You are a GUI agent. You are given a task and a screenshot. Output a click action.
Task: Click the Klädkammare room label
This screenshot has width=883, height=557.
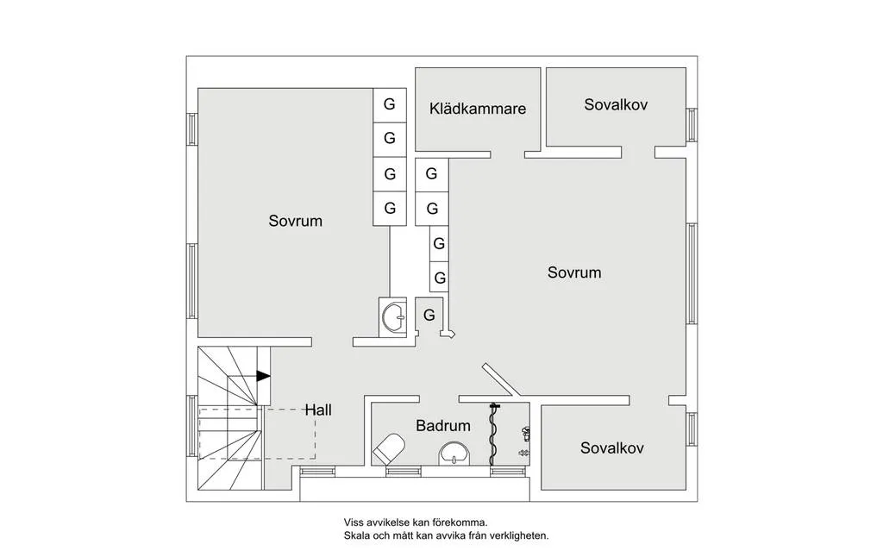(x=478, y=109)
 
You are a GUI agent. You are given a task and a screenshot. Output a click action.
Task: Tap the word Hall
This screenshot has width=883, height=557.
(x=318, y=410)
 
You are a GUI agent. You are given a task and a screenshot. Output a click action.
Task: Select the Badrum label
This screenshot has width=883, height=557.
(x=443, y=425)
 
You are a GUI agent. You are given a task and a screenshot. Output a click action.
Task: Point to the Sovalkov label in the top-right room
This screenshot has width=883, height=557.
(x=616, y=104)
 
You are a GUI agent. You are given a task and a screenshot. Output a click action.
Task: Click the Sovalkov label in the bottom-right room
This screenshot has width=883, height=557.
(x=612, y=447)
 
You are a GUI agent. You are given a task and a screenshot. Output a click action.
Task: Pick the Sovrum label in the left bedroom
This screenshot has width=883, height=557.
(x=295, y=221)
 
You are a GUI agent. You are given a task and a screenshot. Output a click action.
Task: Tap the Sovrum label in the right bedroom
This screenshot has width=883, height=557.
(x=574, y=272)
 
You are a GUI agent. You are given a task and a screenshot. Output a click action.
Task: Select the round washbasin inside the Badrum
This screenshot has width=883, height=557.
(x=454, y=453)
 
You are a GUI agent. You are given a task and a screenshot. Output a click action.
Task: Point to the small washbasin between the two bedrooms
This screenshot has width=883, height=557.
(x=394, y=316)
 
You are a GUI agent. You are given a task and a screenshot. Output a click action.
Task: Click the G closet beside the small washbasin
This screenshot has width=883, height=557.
(x=429, y=315)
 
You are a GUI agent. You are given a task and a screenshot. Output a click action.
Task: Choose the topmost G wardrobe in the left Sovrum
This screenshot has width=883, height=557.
(x=390, y=105)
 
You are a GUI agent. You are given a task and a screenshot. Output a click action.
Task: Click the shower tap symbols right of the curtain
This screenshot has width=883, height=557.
(x=523, y=441)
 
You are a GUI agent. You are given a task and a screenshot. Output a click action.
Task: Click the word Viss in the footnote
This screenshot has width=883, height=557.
(x=354, y=522)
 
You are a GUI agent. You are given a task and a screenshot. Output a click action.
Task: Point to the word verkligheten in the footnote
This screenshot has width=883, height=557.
(x=517, y=535)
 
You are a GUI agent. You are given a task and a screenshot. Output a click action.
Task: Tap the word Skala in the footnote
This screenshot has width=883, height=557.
(x=356, y=535)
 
